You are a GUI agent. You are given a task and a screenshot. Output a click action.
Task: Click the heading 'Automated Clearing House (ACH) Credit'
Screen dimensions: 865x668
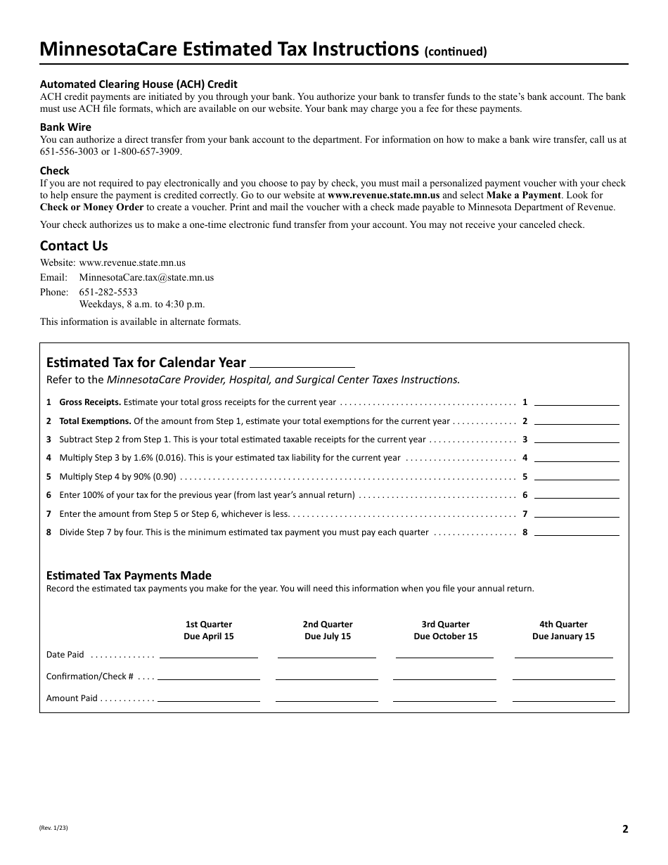(139, 84)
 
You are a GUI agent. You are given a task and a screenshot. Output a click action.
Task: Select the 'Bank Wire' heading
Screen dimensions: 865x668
(65, 127)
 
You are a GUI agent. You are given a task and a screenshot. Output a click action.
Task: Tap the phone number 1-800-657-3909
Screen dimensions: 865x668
(141, 151)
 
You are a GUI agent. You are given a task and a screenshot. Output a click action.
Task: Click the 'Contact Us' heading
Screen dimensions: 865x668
(74, 245)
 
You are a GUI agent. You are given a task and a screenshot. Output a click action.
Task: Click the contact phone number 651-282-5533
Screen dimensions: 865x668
(108, 292)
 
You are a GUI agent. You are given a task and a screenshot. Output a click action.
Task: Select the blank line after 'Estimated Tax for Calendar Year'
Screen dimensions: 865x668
(302, 364)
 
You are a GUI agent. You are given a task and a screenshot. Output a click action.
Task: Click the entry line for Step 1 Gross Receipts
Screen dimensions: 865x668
(577, 402)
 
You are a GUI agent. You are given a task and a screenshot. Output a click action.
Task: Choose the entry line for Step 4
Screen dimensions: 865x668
(577, 458)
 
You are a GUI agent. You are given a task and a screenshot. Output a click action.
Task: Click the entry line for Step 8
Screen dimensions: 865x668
(577, 532)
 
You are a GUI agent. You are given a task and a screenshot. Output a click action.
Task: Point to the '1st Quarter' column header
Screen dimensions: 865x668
(208, 624)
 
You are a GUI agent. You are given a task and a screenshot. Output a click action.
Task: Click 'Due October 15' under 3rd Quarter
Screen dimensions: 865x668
(445, 636)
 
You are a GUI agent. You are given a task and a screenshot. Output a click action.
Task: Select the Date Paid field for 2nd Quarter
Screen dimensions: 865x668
(327, 654)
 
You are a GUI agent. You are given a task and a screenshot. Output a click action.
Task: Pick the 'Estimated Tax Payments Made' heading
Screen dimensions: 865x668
(129, 575)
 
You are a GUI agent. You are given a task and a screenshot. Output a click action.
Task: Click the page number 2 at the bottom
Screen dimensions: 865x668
(624, 828)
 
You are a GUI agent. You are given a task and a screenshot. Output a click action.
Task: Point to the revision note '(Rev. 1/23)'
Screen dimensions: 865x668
(54, 828)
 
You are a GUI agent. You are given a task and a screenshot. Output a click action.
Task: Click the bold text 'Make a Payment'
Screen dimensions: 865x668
(523, 195)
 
